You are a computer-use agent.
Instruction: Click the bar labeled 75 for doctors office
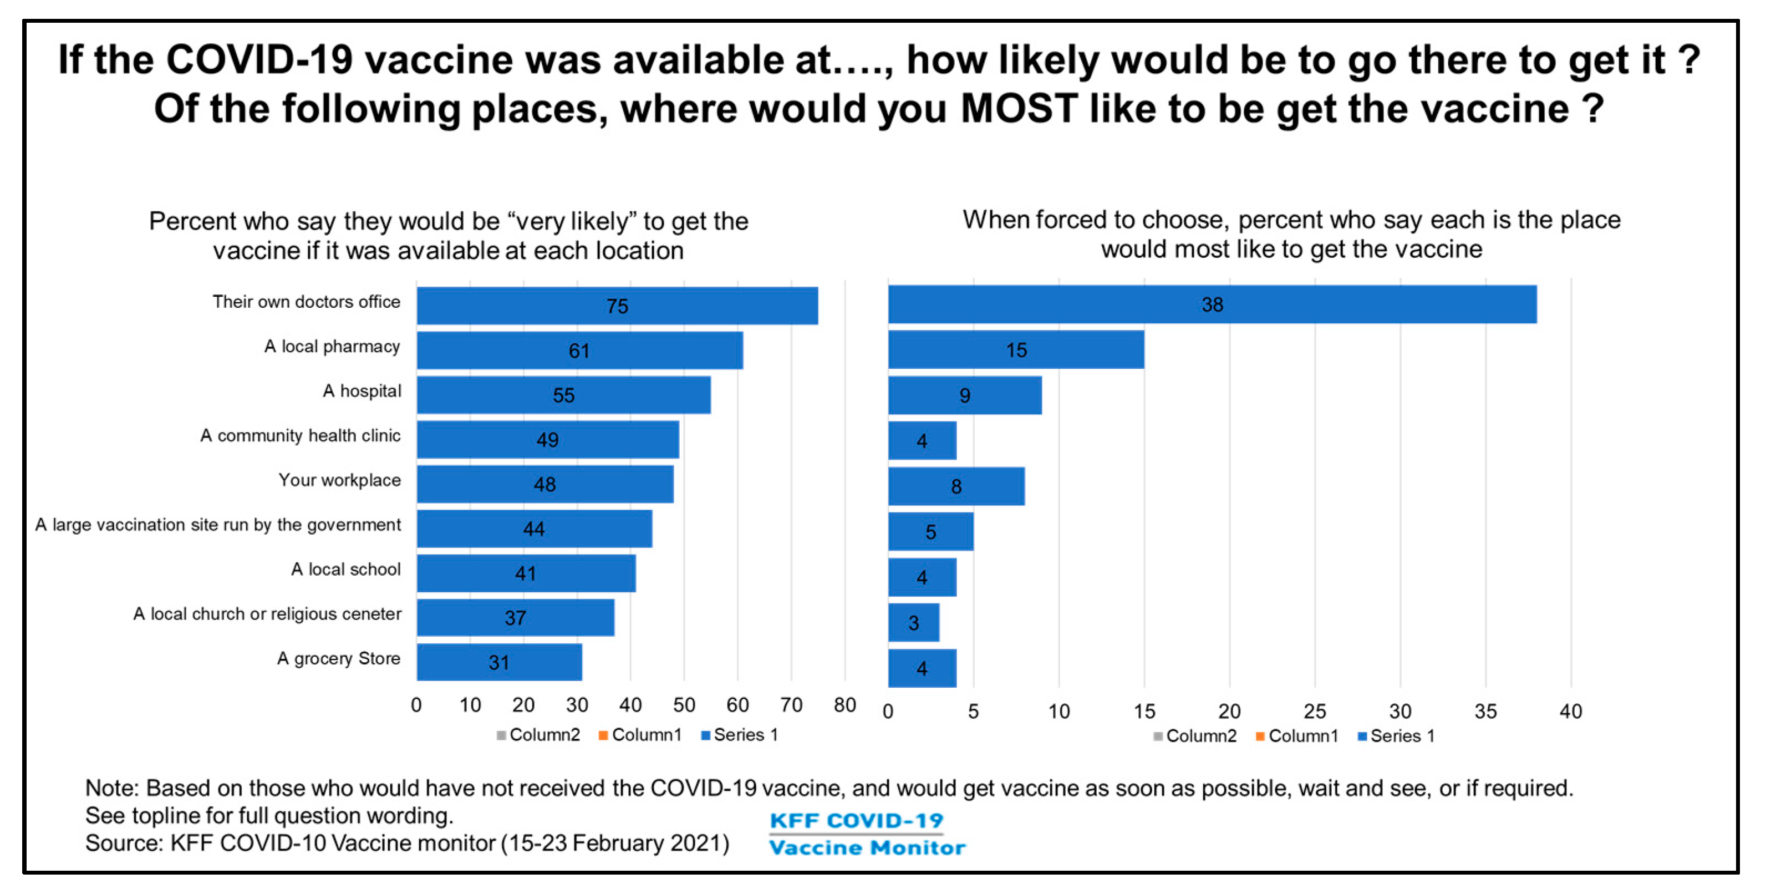point(617,306)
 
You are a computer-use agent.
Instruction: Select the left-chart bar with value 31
point(499,662)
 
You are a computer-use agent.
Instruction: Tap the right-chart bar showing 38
point(1212,304)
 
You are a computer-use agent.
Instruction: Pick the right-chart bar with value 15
point(1016,349)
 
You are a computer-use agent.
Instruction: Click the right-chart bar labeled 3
point(914,622)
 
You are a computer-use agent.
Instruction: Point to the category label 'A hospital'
point(362,391)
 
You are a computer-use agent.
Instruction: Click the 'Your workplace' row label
point(339,480)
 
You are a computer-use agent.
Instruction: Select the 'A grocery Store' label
point(339,658)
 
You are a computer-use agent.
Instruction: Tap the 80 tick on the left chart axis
point(844,705)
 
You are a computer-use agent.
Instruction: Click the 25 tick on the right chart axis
point(1314,711)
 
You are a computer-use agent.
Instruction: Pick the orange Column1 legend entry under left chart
point(640,735)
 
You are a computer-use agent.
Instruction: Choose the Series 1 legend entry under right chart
point(1396,735)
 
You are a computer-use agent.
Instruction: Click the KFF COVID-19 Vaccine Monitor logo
point(867,834)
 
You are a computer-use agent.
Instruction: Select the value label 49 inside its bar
point(547,439)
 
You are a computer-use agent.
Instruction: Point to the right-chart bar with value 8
point(956,486)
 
